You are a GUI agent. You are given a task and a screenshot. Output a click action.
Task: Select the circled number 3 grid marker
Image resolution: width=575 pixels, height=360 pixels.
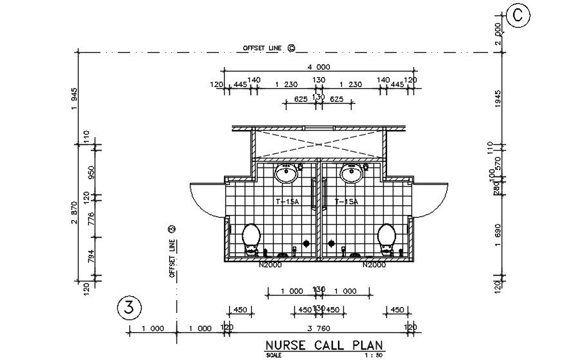pos(129,308)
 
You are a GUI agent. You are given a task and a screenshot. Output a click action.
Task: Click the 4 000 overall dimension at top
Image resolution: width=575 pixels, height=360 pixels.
pos(318,67)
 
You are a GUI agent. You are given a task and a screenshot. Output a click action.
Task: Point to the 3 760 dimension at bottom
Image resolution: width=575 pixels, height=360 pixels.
pos(318,328)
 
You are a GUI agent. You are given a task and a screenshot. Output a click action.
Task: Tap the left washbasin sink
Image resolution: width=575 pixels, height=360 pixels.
pos(285,173)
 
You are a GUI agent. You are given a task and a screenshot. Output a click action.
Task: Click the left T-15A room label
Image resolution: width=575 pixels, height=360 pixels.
pos(287,202)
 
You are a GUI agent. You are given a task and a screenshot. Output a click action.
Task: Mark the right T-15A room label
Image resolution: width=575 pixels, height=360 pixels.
pos(346,202)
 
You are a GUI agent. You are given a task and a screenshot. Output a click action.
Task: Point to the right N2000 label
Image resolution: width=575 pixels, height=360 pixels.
pos(374,265)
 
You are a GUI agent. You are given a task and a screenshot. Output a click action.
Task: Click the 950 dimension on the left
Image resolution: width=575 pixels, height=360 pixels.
pos(91,172)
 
